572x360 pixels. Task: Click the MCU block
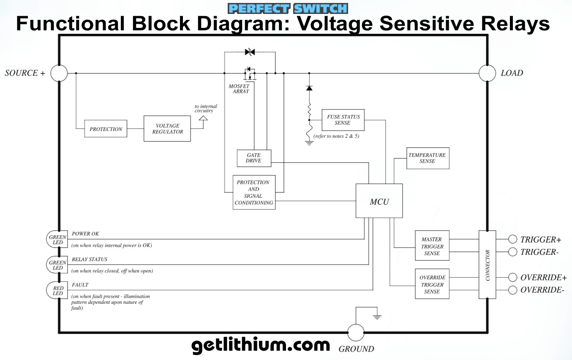(x=379, y=201)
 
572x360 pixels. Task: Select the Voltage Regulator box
(x=167, y=128)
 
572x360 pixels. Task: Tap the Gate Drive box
(x=253, y=158)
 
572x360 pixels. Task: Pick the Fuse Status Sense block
(x=343, y=120)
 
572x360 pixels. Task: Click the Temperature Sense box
(x=428, y=158)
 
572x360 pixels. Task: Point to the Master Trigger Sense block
(x=432, y=246)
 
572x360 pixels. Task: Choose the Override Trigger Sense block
(x=432, y=284)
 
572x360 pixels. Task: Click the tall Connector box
(x=487, y=265)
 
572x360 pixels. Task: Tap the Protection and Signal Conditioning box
(x=254, y=193)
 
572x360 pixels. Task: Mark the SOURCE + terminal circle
(x=59, y=73)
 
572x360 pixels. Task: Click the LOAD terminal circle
(x=487, y=73)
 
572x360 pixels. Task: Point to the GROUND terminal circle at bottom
(x=356, y=333)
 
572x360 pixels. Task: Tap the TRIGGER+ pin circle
(x=512, y=239)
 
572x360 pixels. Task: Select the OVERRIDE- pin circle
(x=512, y=290)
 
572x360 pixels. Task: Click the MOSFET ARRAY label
(x=239, y=89)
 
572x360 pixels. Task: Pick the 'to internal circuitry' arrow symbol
(x=203, y=122)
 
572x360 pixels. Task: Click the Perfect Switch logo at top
(x=287, y=8)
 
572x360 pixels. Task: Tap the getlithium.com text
(x=261, y=345)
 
